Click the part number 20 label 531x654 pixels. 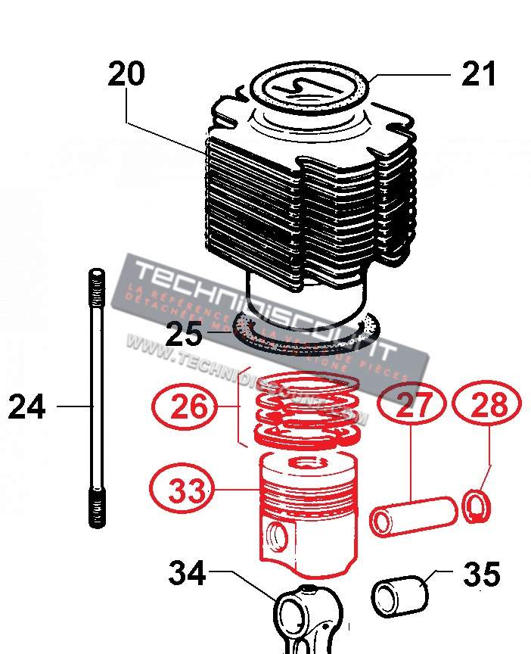tap(126, 75)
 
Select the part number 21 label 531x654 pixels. tap(479, 75)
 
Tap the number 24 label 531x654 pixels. tap(27, 407)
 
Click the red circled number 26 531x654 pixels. tap(188, 407)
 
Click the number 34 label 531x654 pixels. tap(186, 573)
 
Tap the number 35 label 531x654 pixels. tap(481, 575)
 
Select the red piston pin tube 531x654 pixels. tap(413, 515)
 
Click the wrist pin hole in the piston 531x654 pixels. tap(278, 537)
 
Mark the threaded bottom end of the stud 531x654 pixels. tap(97, 508)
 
